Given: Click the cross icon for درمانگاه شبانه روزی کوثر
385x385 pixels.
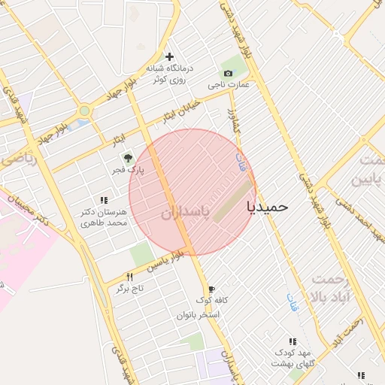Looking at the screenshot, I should coord(169,56).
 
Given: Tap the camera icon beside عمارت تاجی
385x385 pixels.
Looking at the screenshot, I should coord(228,73).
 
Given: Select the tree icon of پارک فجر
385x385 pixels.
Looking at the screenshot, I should coord(127,158).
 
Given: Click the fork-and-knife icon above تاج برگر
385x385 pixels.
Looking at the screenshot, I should coord(129,277).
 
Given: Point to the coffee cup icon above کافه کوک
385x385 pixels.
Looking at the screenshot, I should coord(211,289).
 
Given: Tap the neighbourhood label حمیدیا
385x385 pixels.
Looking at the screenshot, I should coord(267,206).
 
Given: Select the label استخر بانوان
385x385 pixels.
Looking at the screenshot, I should coord(198,314).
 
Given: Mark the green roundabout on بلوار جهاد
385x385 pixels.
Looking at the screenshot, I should coord(85,111).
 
